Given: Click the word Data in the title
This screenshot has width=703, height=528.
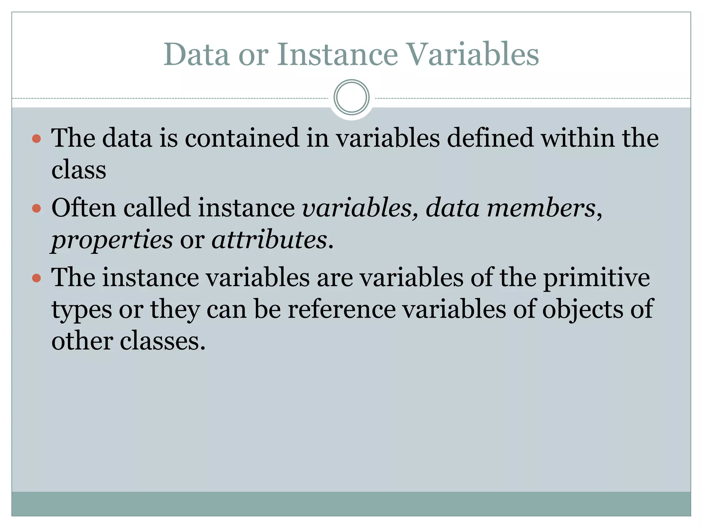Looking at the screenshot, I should click(x=196, y=55).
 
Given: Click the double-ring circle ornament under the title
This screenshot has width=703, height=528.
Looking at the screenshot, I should click(x=351, y=97).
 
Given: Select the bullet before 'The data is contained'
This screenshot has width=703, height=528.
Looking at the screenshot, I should click(x=36, y=139).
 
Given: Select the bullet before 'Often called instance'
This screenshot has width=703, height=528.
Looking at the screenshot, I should click(x=36, y=208).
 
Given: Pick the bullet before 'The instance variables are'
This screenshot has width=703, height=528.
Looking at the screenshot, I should click(x=36, y=278).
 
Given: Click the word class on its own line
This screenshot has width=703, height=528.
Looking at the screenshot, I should click(x=79, y=170).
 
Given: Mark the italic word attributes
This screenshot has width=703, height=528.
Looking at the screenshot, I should click(x=269, y=240).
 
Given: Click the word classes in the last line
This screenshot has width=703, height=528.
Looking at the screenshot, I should click(x=162, y=341).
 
